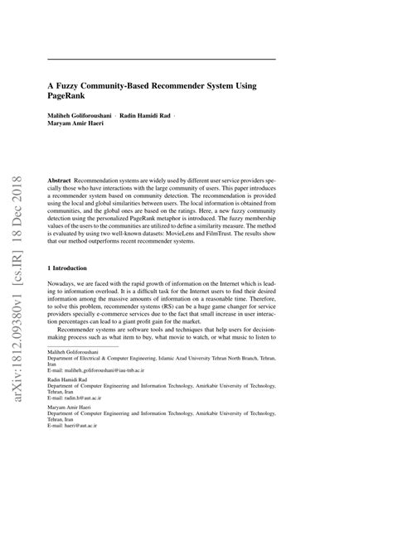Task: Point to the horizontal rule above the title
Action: click(162, 60)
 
